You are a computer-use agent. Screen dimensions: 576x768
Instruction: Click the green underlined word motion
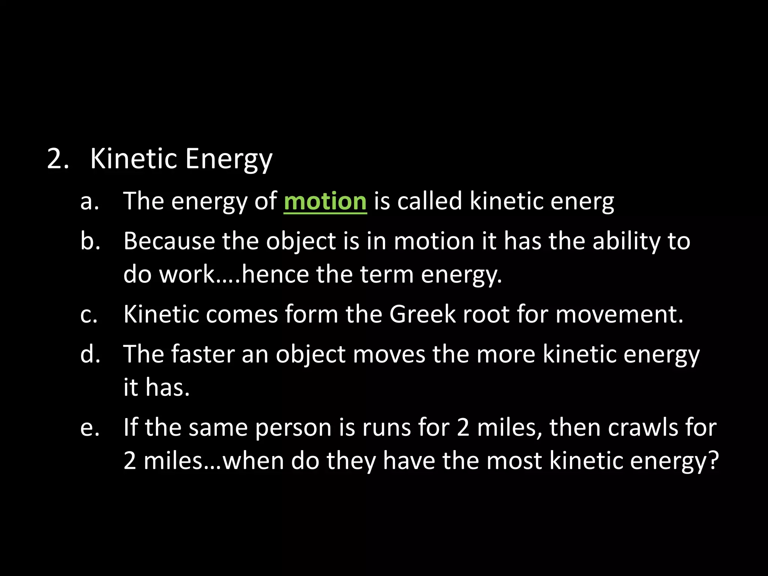(x=325, y=201)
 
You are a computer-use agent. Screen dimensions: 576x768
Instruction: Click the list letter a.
(x=90, y=201)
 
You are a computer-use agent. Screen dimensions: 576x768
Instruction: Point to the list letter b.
(x=90, y=241)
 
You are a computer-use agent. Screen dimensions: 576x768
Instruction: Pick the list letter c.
(x=89, y=314)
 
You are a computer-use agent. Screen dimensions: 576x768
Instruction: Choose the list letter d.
(x=90, y=354)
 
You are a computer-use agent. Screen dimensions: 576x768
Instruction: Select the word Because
(x=169, y=241)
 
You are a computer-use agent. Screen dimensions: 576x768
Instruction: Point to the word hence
(x=275, y=274)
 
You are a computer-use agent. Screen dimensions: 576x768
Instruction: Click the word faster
(x=202, y=354)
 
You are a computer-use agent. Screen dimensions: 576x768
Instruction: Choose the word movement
(x=619, y=314)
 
